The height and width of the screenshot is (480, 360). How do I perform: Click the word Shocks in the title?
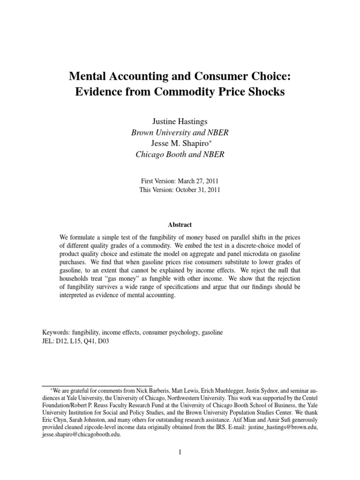[266, 92]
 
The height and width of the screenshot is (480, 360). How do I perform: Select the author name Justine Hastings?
[180, 122]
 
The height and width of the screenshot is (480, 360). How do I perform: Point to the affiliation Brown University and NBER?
[180, 133]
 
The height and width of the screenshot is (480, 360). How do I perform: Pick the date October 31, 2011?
[196, 190]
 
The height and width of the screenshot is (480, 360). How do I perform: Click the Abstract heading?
[180, 225]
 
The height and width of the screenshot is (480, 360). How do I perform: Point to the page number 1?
[180, 452]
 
